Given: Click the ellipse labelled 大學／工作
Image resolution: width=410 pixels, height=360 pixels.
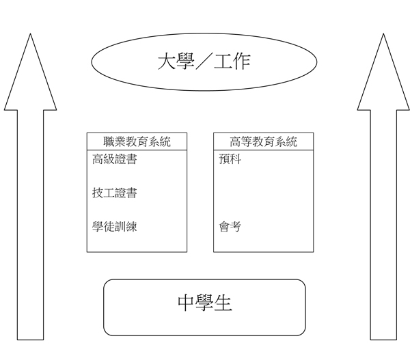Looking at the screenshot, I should pos(204,62).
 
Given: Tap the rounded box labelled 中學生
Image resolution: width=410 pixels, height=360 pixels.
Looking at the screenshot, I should pos(204,307).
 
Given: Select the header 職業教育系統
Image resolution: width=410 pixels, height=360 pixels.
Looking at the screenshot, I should pos(137,141).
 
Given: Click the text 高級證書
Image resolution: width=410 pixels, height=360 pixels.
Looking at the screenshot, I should pos(114,161).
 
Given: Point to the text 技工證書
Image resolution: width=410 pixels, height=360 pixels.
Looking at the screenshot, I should pos(114,193).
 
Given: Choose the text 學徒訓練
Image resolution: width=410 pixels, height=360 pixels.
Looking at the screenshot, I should pos(114,226).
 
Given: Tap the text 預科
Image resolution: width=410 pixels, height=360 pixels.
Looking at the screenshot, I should pos(230,161).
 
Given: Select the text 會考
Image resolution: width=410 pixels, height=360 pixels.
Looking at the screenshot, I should pos(230,226).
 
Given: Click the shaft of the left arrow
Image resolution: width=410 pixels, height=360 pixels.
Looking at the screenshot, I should pos(30,225).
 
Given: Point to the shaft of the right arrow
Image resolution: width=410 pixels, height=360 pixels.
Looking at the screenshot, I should pos(383,225).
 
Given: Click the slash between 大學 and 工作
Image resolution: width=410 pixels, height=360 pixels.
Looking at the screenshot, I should pos(203,62).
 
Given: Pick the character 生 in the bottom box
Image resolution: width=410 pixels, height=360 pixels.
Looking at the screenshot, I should pos(223,303).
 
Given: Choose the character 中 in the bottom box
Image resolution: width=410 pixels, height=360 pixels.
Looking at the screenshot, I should pos(186,303).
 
